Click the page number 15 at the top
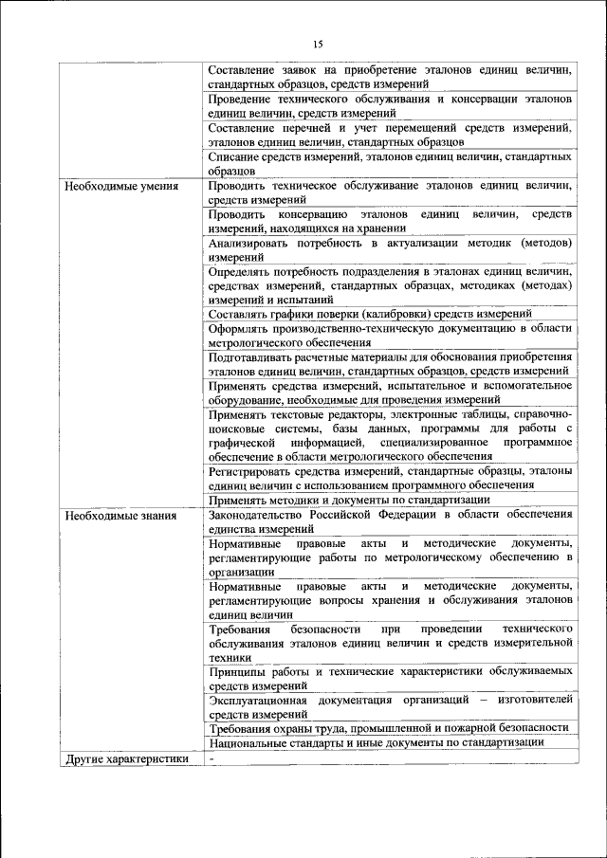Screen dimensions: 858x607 point(317,44)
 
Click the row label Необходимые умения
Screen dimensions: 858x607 point(121,187)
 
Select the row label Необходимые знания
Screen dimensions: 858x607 point(120,515)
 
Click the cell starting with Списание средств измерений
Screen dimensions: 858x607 point(389,162)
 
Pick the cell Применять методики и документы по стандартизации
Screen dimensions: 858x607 point(349,500)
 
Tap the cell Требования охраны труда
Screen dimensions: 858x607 point(388,727)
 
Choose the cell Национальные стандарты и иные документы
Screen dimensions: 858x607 point(377,742)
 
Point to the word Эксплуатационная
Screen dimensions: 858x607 point(259,700)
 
